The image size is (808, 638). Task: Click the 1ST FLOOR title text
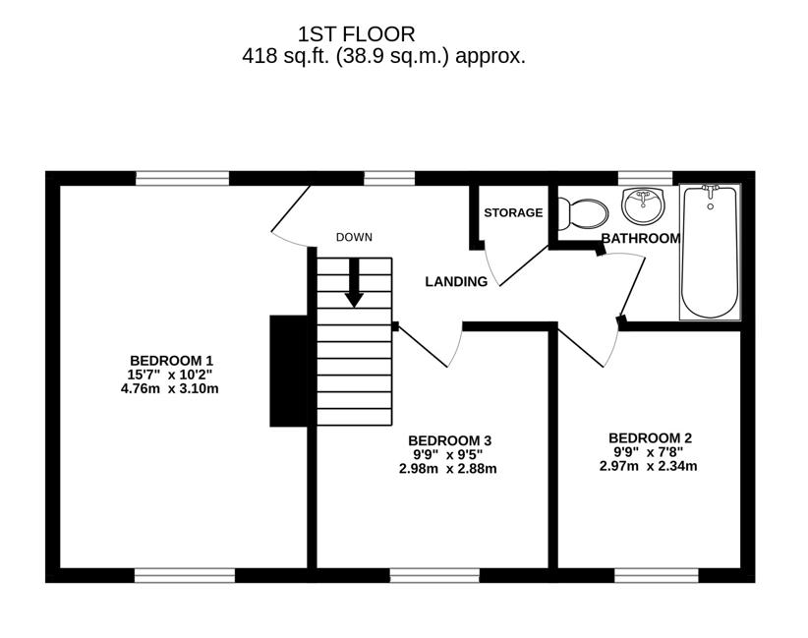coord(383,34)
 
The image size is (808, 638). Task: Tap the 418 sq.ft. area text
coord(383,56)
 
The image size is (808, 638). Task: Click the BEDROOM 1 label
coord(171,360)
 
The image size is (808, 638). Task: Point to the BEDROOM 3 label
coord(449,440)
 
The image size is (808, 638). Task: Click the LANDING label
coord(456,282)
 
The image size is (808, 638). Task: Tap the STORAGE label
coord(513,212)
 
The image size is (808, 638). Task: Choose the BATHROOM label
coord(640,238)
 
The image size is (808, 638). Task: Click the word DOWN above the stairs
coord(354,237)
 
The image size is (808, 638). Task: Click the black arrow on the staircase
coord(354,285)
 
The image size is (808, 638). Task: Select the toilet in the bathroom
coord(583,212)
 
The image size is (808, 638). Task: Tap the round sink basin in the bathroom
coord(643,205)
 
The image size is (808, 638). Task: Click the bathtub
coord(710,252)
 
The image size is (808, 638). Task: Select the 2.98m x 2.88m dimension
coord(448,469)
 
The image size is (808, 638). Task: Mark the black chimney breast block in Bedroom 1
coord(287,371)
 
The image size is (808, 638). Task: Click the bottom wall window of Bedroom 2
coord(657,575)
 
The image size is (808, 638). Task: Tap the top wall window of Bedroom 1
coord(182,178)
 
